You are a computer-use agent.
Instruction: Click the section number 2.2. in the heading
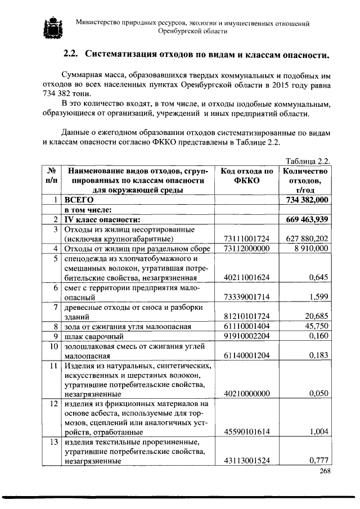coord(71,54)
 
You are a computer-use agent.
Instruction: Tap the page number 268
coord(324,471)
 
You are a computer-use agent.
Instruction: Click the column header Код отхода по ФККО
coord(247,177)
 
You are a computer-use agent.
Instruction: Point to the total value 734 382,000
coord(307,200)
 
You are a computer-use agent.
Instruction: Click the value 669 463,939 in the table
coord(307,219)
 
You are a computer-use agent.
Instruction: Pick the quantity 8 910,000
coord(310,249)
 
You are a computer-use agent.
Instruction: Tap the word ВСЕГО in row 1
coord(78,200)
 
